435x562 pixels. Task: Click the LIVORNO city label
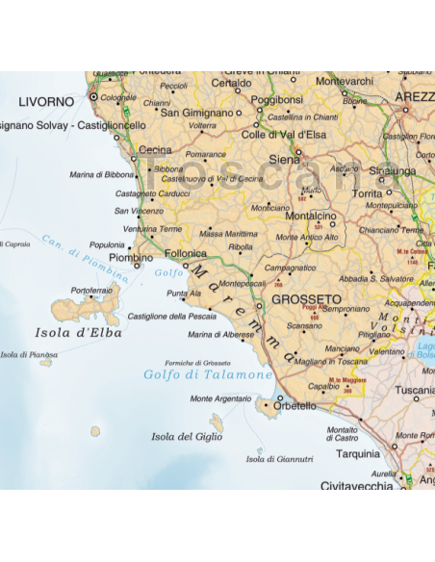46,101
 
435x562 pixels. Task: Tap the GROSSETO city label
307,299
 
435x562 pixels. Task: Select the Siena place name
284,159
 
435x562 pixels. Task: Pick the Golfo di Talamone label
207,374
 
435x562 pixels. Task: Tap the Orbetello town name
295,406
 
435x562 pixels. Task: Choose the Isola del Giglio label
187,436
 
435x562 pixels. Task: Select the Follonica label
187,253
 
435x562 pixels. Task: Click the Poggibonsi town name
276,100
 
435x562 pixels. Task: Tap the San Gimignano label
196,113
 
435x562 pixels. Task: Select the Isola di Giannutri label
279,459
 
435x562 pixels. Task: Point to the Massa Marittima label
228,234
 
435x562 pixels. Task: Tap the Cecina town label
155,150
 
